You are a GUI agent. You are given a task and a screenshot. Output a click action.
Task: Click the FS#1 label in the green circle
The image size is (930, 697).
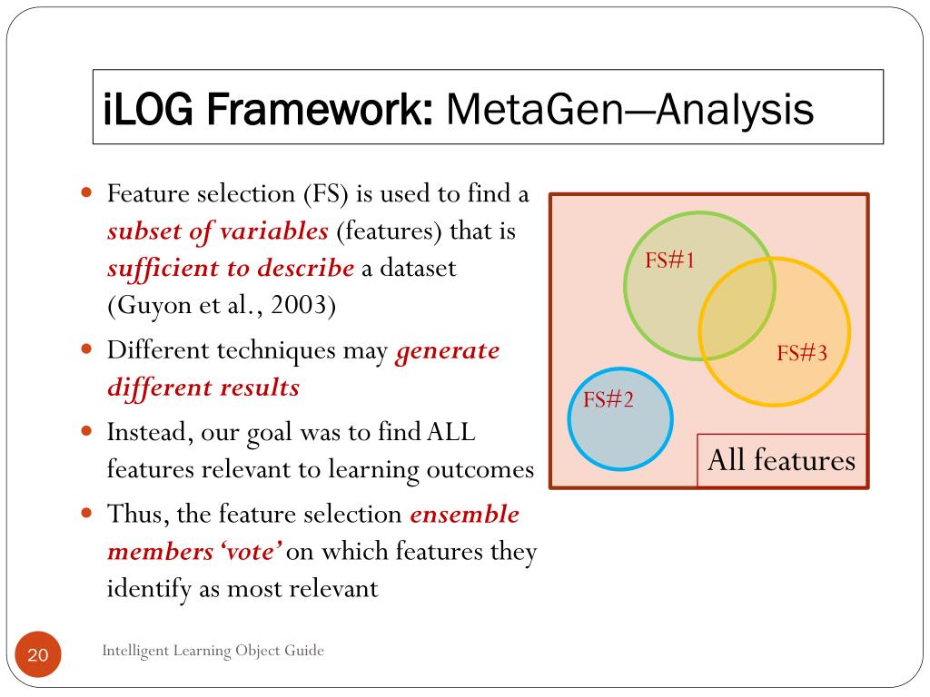point(669,261)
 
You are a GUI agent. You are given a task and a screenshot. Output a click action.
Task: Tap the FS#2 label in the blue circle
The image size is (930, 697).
point(608,399)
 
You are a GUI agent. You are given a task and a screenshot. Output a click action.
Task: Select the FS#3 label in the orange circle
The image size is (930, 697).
point(802,354)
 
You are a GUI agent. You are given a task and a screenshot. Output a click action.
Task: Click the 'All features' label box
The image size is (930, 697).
point(781,460)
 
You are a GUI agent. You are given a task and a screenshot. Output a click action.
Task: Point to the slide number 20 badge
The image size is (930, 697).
point(37,656)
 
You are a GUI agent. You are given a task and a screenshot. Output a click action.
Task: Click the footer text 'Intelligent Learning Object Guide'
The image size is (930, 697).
point(213,650)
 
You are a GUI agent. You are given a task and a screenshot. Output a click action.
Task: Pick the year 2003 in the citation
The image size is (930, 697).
point(305,305)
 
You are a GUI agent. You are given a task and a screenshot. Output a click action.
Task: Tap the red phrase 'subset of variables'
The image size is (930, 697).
point(217,231)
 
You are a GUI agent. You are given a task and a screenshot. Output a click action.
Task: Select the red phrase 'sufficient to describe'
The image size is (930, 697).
point(231,269)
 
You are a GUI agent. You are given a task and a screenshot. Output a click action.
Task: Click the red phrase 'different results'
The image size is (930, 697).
point(203,388)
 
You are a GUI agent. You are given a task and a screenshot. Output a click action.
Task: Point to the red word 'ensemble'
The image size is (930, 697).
point(464,515)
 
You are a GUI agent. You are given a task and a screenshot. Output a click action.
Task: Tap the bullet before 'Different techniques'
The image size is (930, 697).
point(87,348)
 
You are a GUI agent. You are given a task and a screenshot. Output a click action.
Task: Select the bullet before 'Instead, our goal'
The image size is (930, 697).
point(87,431)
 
